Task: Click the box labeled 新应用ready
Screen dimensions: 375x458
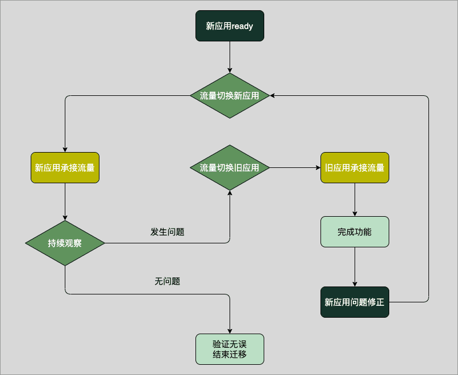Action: [230, 26]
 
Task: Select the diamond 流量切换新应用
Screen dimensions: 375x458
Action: [230, 96]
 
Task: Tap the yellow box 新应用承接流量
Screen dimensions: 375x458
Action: [65, 167]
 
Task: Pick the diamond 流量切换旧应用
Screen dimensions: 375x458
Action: [230, 167]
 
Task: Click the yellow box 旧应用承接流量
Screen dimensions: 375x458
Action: [355, 167]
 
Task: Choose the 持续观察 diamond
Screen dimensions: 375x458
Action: [65, 243]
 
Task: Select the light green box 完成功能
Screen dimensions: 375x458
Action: [355, 231]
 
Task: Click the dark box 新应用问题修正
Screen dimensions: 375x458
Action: [355, 302]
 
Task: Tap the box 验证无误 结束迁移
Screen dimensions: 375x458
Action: [230, 349]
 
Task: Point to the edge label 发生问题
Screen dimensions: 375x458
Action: [167, 231]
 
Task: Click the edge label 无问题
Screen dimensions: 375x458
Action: [167, 281]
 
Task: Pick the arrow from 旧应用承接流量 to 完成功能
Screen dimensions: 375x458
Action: [355, 199]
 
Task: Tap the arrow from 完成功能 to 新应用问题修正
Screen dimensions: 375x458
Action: [355, 267]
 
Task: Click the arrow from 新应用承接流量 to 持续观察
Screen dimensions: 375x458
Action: [65, 201]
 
